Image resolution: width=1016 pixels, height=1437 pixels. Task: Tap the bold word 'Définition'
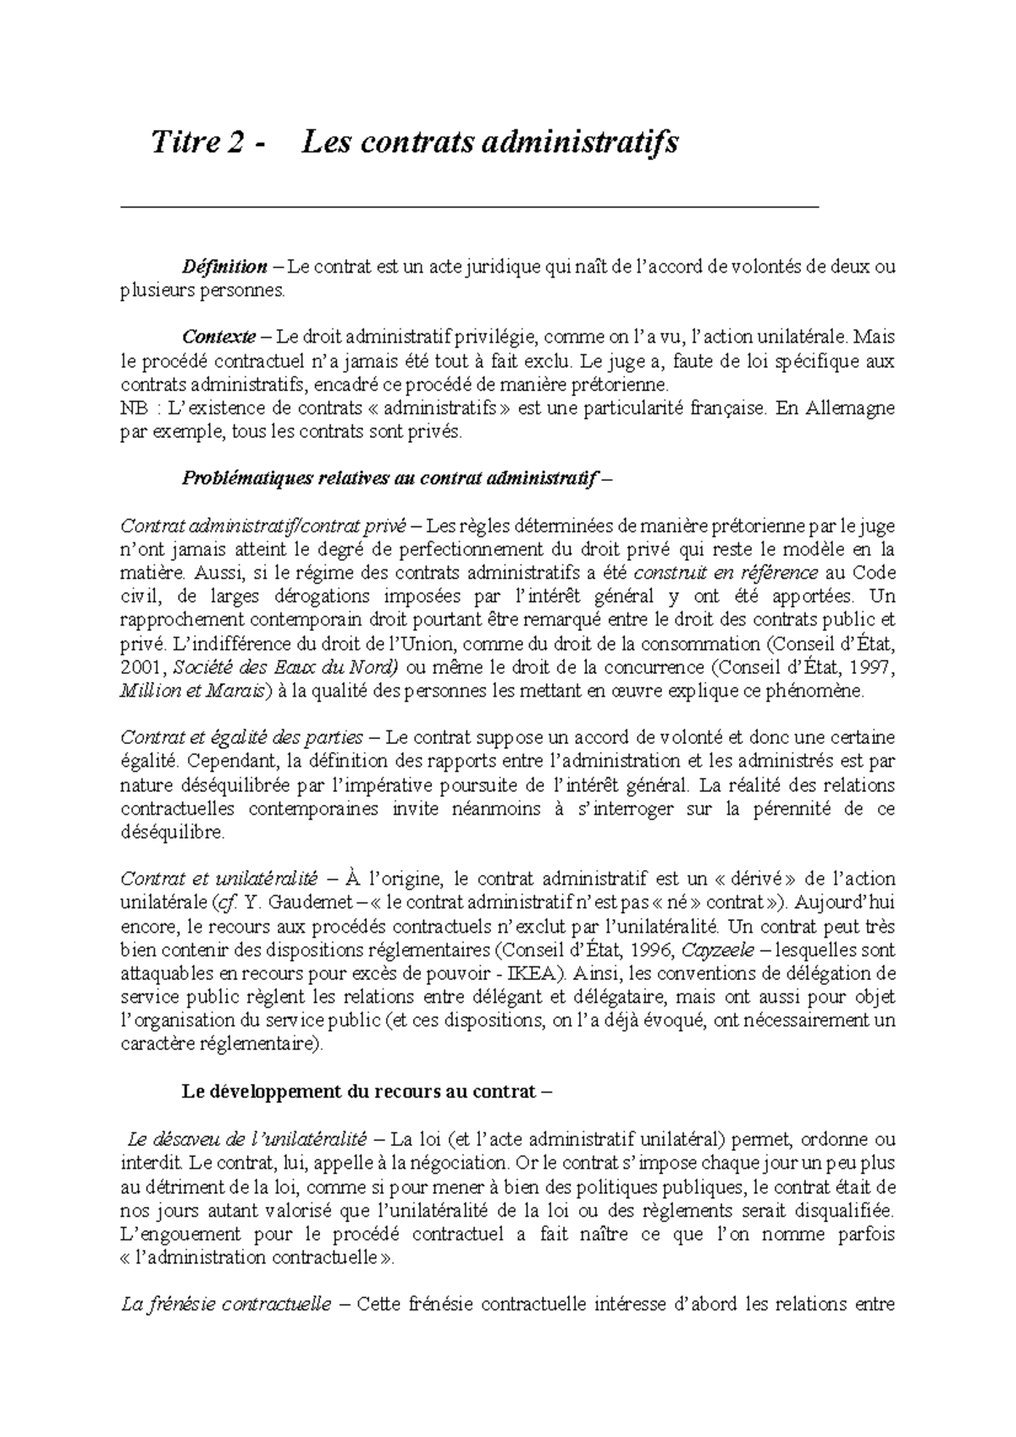tap(224, 267)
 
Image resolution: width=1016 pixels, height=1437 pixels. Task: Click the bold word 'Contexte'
tap(219, 338)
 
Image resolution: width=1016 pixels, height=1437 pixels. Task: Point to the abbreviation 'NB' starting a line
tap(133, 408)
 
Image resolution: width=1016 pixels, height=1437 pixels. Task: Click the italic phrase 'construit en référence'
tap(726, 573)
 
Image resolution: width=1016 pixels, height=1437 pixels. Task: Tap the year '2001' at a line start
tap(138, 667)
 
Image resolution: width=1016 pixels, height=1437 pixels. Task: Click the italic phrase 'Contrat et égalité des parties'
tap(242, 737)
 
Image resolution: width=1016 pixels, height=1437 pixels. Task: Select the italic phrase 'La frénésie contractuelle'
tap(226, 1304)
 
